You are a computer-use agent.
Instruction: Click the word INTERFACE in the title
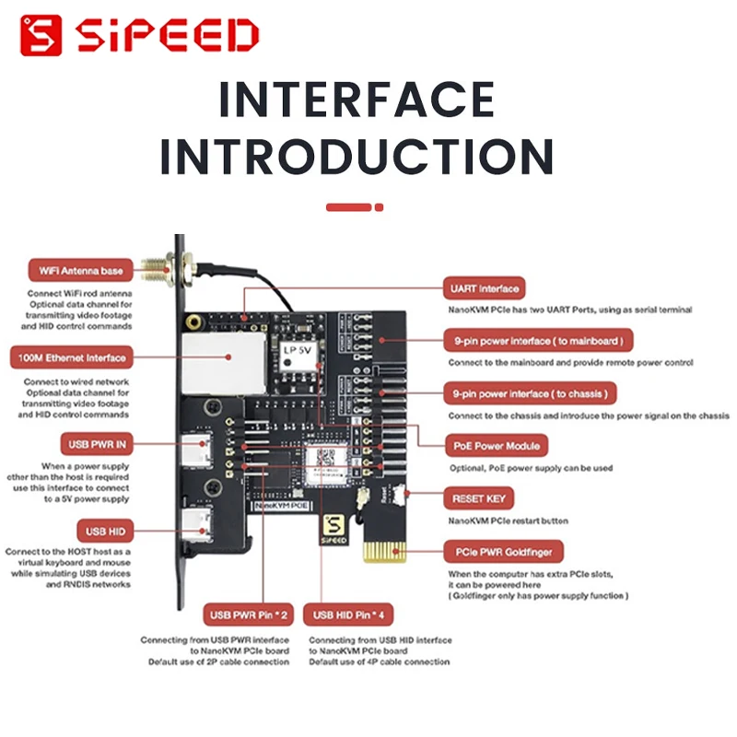click(356, 99)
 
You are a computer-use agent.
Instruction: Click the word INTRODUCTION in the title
click(356, 157)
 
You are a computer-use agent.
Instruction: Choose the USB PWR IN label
click(95, 444)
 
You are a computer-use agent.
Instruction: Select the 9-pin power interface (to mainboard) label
click(539, 341)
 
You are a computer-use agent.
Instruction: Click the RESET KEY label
click(479, 498)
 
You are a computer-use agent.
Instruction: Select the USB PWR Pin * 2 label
click(249, 614)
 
